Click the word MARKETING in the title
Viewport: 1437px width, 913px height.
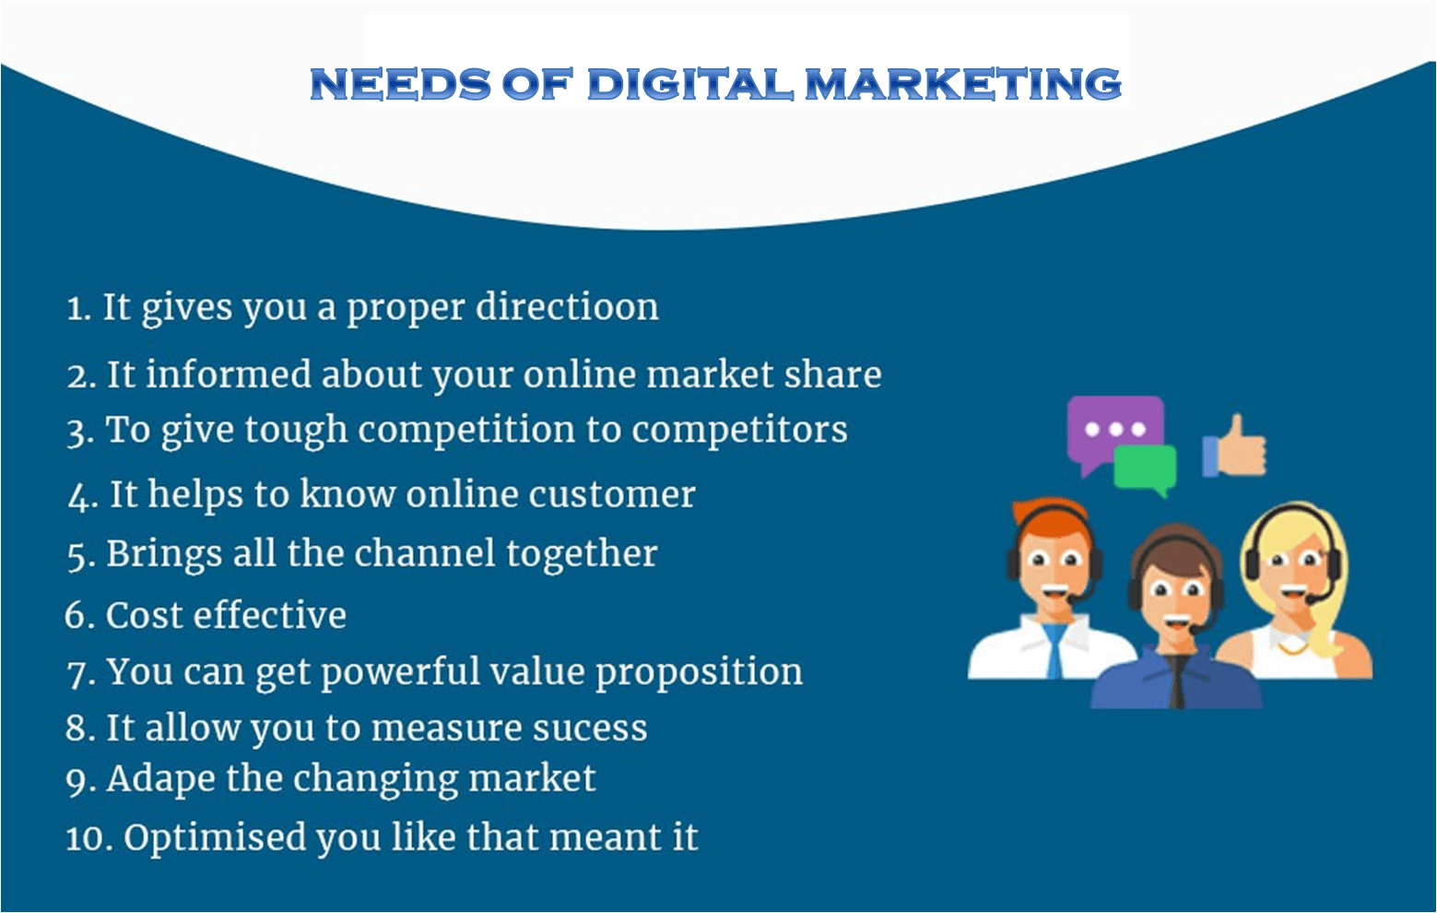[x=962, y=84]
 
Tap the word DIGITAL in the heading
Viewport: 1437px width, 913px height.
[x=689, y=84]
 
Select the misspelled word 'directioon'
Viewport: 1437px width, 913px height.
[x=567, y=306]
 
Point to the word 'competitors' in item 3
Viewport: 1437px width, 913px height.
[x=739, y=430]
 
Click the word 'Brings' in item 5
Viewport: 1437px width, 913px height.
[x=164, y=554]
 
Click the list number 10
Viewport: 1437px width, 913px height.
[x=89, y=838]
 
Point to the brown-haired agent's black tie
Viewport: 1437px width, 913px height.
[x=1176, y=682]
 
